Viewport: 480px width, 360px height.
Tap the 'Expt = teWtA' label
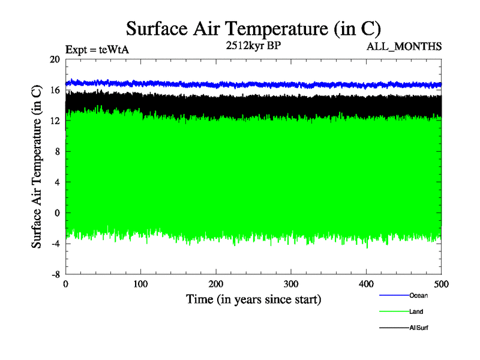point(97,50)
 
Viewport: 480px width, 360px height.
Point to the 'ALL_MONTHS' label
point(404,46)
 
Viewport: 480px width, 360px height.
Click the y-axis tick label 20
point(55,59)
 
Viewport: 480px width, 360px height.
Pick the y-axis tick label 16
point(55,90)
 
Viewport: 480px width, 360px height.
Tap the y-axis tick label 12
point(55,121)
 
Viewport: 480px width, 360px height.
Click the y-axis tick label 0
point(58,212)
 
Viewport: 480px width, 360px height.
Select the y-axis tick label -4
point(55,243)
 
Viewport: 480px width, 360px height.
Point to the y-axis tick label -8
point(55,274)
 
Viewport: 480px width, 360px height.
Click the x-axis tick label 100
point(141,284)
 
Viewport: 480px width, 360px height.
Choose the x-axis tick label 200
point(216,284)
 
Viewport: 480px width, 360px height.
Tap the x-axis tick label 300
point(291,284)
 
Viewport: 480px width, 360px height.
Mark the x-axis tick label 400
point(366,284)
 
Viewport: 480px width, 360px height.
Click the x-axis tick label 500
point(441,284)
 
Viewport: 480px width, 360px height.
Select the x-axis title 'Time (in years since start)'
point(254,299)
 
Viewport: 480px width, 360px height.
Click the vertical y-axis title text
point(37,167)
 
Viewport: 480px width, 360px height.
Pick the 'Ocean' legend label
point(419,295)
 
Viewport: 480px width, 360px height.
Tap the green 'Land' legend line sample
point(394,312)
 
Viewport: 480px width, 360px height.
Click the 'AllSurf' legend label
point(419,328)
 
